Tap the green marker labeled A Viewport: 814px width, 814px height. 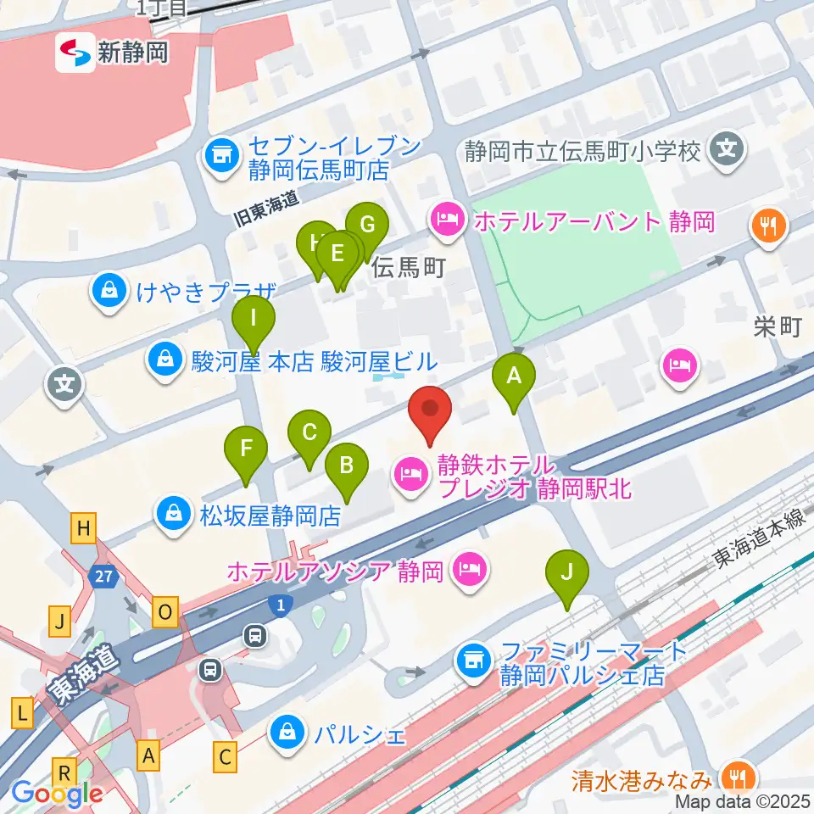pos(513,377)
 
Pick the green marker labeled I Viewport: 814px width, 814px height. pos(254,322)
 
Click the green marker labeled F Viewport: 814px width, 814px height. pos(246,449)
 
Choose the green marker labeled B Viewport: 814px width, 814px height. pos(347,467)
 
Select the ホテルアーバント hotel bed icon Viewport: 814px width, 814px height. pos(447,222)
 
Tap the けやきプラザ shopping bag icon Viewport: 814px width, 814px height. pos(110,293)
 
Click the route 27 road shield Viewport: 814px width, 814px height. pos(104,576)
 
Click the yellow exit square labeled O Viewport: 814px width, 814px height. pos(165,611)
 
